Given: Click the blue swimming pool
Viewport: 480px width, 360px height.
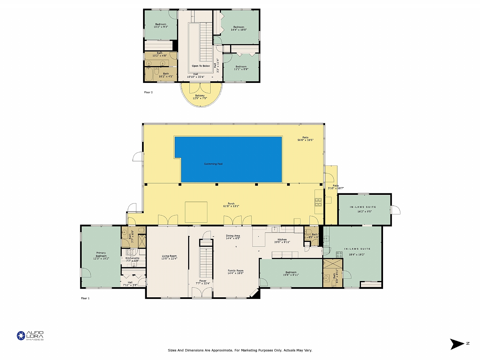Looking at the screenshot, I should pos(230,160).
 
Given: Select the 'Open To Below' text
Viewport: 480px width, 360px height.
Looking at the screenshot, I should pos(201,66).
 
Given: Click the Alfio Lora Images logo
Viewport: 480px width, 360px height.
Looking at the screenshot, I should pos(30,336).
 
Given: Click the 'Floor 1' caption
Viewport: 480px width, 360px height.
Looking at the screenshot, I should pos(85,298).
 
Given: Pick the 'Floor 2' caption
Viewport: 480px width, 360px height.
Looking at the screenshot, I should pos(148,92).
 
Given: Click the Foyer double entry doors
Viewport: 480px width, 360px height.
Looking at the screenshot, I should pos(202,292).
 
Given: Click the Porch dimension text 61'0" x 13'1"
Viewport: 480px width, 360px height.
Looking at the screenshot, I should pos(231,206).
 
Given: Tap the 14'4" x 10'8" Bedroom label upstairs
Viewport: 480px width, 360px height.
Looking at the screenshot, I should pos(239,28).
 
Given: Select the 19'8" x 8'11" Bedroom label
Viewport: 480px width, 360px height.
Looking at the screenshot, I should pos(291,274).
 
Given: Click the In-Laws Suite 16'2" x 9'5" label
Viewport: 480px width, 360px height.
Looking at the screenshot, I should pos(364,209).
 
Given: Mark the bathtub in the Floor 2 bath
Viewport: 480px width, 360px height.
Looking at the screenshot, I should pos(149,75).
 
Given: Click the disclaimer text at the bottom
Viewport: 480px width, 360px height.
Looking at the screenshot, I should pos(240,350).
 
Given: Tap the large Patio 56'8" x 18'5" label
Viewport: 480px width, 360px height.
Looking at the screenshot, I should pos(305,139).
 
